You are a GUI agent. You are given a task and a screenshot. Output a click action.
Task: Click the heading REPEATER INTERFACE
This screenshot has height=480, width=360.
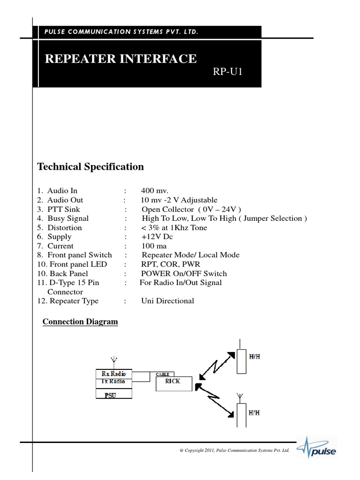coord(120,59)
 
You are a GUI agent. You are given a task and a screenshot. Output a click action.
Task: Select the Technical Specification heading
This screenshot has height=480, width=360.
coord(90,167)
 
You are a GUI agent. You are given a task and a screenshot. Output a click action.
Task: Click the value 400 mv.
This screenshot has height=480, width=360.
coord(154,191)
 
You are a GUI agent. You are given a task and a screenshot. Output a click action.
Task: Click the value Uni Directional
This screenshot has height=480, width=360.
coord(167,301)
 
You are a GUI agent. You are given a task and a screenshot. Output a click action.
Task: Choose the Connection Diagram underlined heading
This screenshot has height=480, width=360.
coord(80,322)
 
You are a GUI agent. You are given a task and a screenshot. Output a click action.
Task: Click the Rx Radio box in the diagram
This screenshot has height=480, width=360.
coord(113,374)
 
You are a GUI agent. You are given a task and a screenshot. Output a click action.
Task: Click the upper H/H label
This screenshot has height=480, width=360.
coord(255,357)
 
